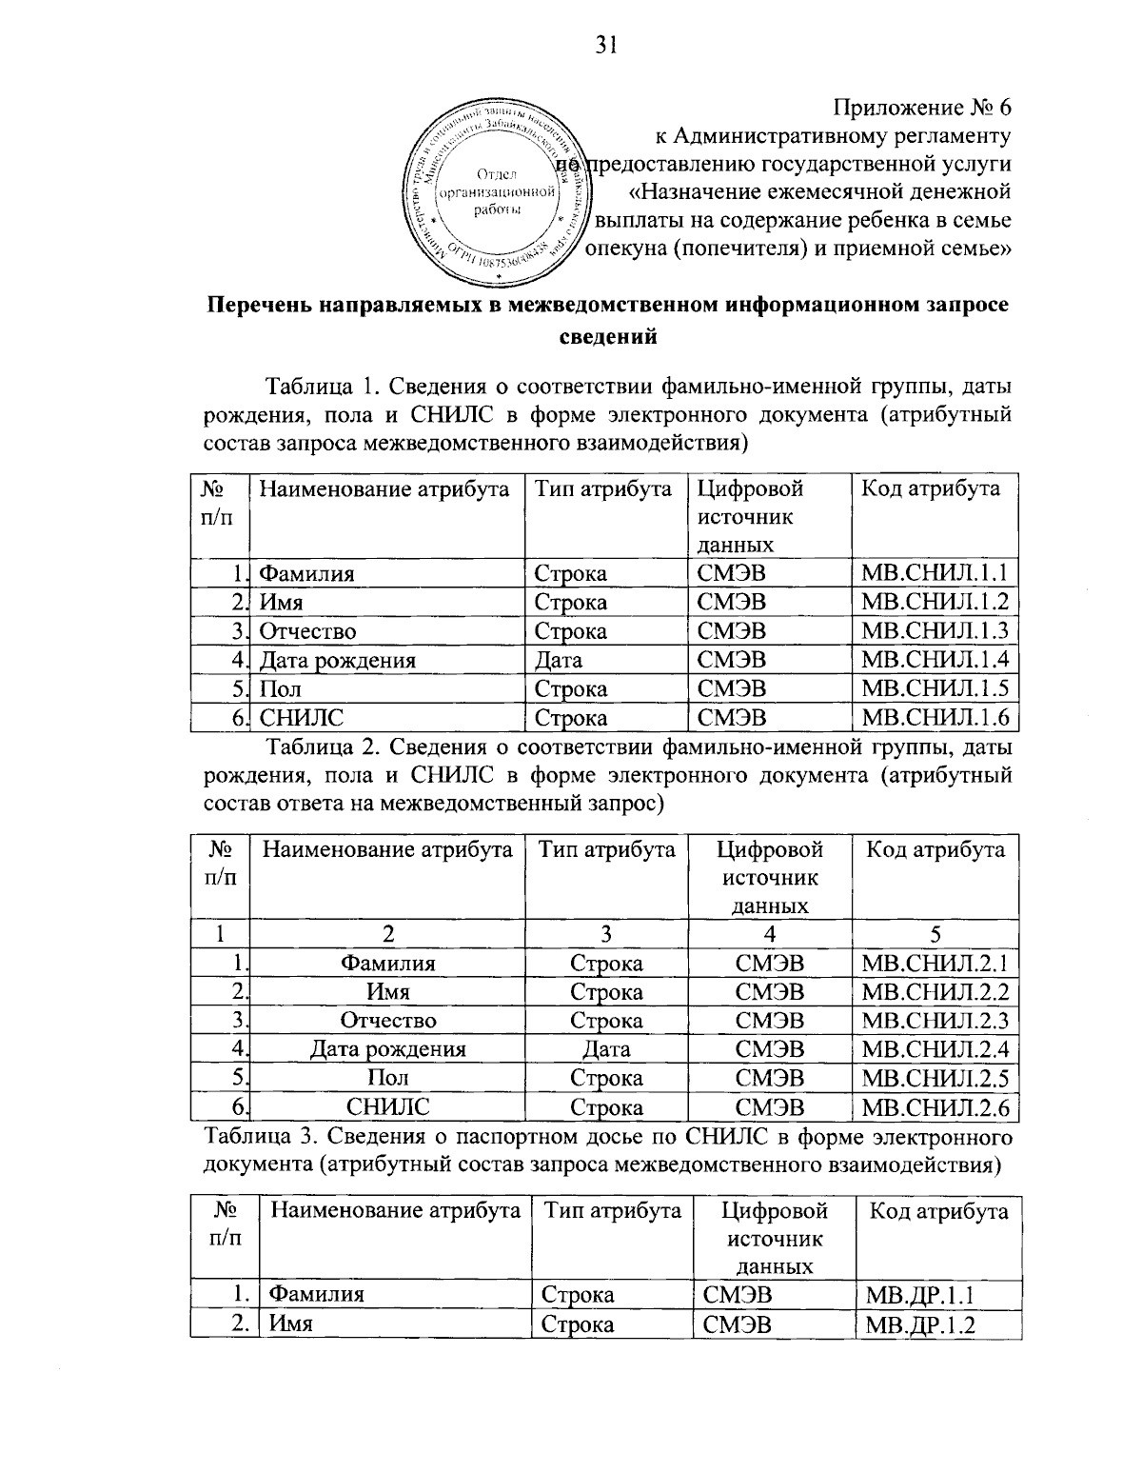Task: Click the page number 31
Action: [x=606, y=46]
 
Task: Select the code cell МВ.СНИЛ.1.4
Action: [x=934, y=660]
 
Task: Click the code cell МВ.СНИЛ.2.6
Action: [x=934, y=1107]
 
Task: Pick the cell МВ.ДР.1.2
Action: [x=921, y=1324]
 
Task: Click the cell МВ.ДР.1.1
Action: [x=920, y=1295]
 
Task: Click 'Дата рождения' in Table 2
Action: [x=388, y=1049]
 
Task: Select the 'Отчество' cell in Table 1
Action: [x=308, y=631]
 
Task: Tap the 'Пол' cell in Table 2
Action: [x=387, y=1078]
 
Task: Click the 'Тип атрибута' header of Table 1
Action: [x=603, y=489]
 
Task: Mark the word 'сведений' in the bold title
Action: [x=606, y=335]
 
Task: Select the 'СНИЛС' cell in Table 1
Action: [x=302, y=717]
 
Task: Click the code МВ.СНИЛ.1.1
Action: [x=934, y=573]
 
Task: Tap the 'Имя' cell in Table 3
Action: [x=291, y=1324]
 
